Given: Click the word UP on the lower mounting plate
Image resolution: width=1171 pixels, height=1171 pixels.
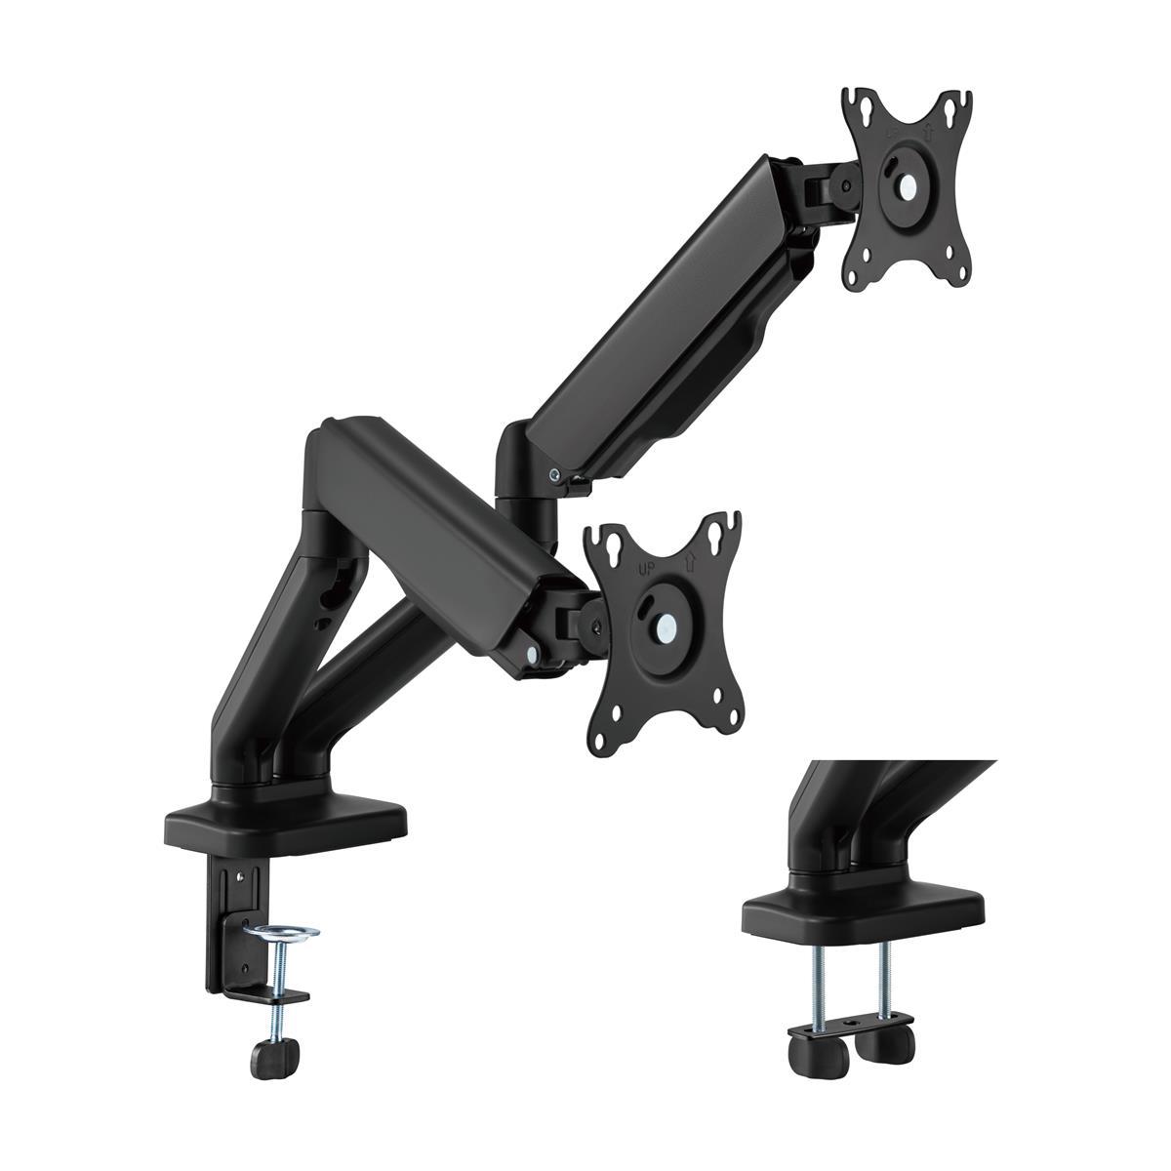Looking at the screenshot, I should click(645, 569).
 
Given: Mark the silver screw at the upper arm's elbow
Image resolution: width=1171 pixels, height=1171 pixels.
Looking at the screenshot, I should click(555, 476).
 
